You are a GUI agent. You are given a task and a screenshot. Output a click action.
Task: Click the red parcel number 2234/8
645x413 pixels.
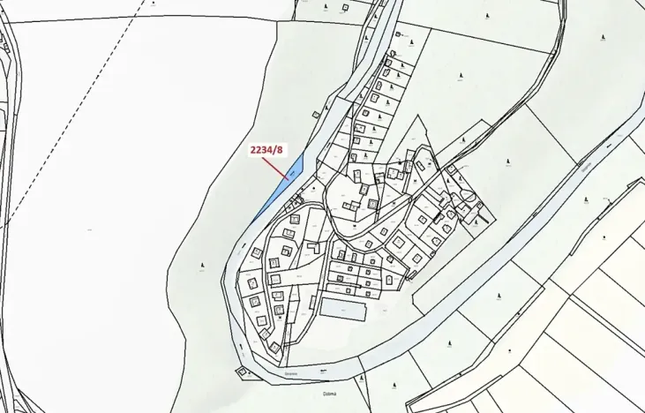tap(266, 149)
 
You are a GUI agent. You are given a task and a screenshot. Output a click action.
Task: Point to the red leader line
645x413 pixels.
tap(277, 166)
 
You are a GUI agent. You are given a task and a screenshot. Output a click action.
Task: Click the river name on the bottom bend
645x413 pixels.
tap(290, 373)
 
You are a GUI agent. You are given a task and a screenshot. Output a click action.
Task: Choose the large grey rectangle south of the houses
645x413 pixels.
tap(343, 309)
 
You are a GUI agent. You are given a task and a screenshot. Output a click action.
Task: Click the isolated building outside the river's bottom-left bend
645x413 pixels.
tap(242, 372)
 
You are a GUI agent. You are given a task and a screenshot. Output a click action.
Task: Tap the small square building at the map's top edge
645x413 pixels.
tap(400, 34)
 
